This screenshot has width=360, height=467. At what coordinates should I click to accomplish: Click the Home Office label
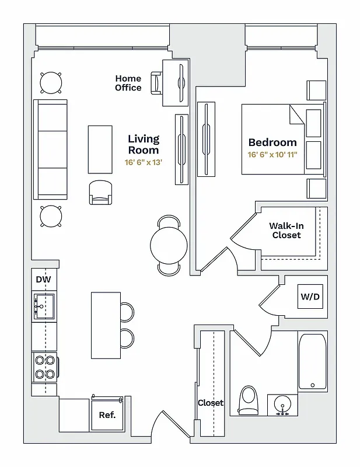(x=128, y=83)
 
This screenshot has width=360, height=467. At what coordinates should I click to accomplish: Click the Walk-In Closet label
(x=286, y=230)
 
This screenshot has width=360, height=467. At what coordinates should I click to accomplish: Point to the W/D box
(x=310, y=297)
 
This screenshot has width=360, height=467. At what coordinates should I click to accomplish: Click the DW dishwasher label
(x=43, y=280)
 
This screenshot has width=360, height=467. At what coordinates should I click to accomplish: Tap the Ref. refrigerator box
(x=107, y=415)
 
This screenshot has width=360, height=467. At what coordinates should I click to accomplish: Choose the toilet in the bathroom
(x=249, y=400)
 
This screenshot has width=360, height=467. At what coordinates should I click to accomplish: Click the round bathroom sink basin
(x=282, y=405)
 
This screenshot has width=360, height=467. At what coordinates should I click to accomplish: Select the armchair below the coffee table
(x=102, y=192)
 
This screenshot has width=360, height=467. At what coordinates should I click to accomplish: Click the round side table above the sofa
(x=51, y=82)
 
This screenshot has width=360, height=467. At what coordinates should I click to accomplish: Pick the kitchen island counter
(x=106, y=325)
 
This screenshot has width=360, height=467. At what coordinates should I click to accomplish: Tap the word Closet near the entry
(x=210, y=403)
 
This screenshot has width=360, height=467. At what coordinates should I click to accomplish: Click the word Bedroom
(x=272, y=142)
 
